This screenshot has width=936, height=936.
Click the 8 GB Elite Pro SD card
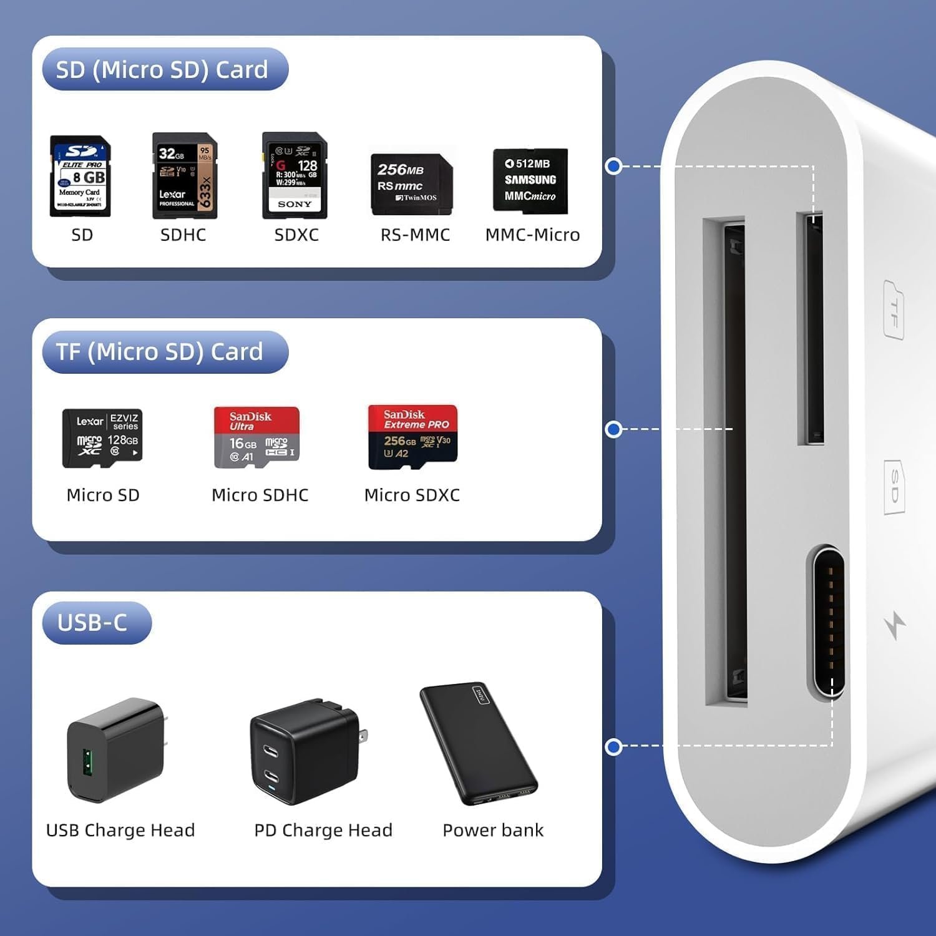click(80, 177)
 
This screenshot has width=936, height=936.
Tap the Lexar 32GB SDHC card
click(185, 176)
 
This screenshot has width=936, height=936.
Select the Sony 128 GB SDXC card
click(295, 175)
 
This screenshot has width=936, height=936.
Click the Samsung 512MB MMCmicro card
click(530, 181)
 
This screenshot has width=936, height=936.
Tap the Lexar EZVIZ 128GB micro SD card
click(102, 439)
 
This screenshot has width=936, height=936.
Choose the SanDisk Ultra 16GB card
click(256, 437)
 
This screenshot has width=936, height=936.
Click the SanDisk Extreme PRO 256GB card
click(412, 437)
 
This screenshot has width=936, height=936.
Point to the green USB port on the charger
click(88, 763)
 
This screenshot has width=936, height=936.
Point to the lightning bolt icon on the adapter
click(895, 626)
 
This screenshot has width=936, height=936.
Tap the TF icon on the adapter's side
click(894, 310)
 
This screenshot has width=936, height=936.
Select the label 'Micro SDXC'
click(412, 495)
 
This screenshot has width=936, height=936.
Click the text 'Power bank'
click(493, 830)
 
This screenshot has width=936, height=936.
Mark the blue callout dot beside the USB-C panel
click(614, 746)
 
